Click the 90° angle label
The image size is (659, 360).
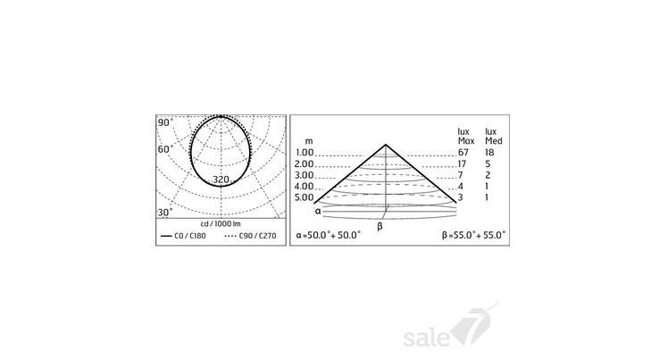pyautogui.click(x=165, y=122)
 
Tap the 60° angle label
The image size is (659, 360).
pyautogui.click(x=165, y=149)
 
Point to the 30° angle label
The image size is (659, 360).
pyautogui.click(x=165, y=213)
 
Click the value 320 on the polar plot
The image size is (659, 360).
pyautogui.click(x=221, y=180)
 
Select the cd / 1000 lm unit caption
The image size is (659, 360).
pyautogui.click(x=221, y=224)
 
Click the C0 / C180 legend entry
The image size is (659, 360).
pyautogui.click(x=183, y=236)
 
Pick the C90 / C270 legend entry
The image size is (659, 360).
pyautogui.click(x=251, y=236)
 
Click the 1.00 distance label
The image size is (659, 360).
pyautogui.click(x=304, y=152)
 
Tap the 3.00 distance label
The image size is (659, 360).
pyautogui.click(x=304, y=175)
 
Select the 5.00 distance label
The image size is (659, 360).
pyautogui.click(x=304, y=197)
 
